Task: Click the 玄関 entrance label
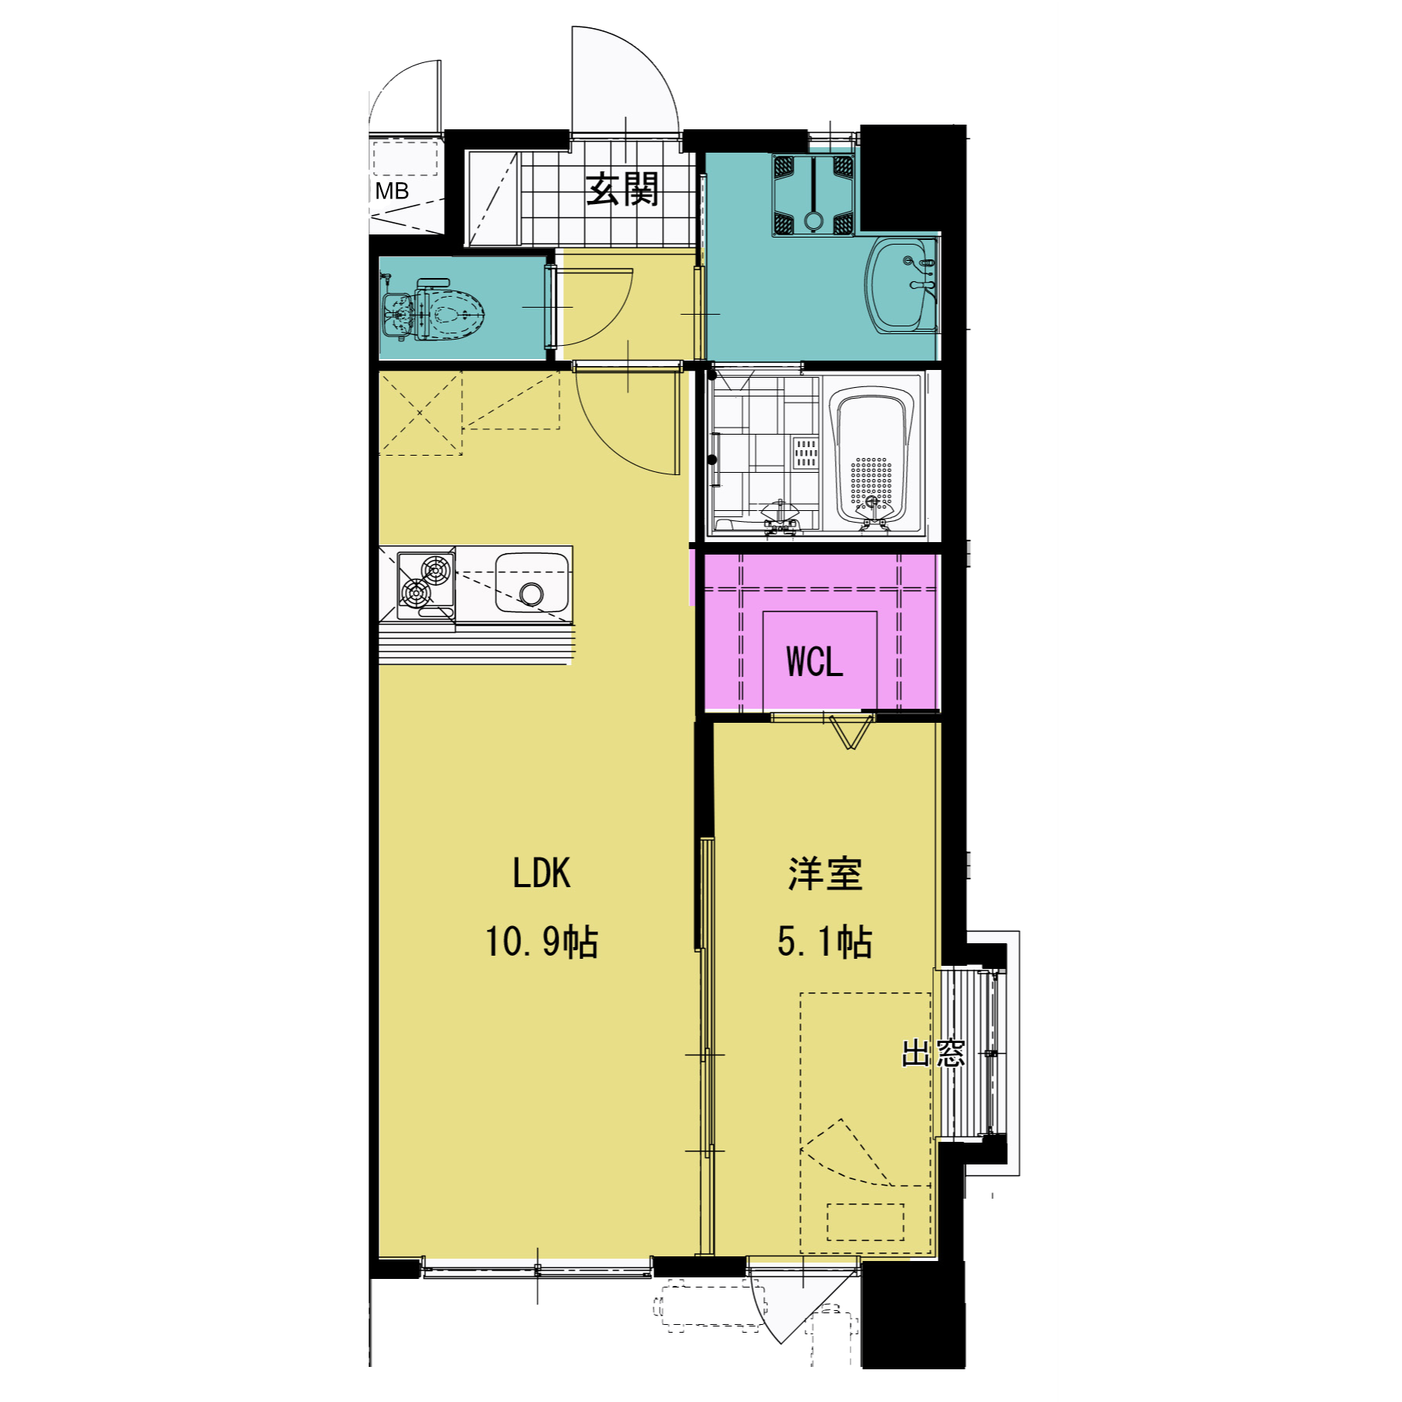click(622, 189)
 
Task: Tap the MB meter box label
click(392, 192)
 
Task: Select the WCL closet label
click(815, 662)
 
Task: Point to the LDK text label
click(541, 873)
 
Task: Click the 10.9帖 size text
click(541, 941)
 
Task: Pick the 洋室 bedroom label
click(825, 874)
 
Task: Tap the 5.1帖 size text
click(825, 941)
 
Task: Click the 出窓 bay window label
click(933, 1053)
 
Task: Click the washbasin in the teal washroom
click(901, 286)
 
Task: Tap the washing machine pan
click(813, 195)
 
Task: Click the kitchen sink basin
click(532, 583)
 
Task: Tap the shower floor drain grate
click(805, 453)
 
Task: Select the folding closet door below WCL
click(851, 731)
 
